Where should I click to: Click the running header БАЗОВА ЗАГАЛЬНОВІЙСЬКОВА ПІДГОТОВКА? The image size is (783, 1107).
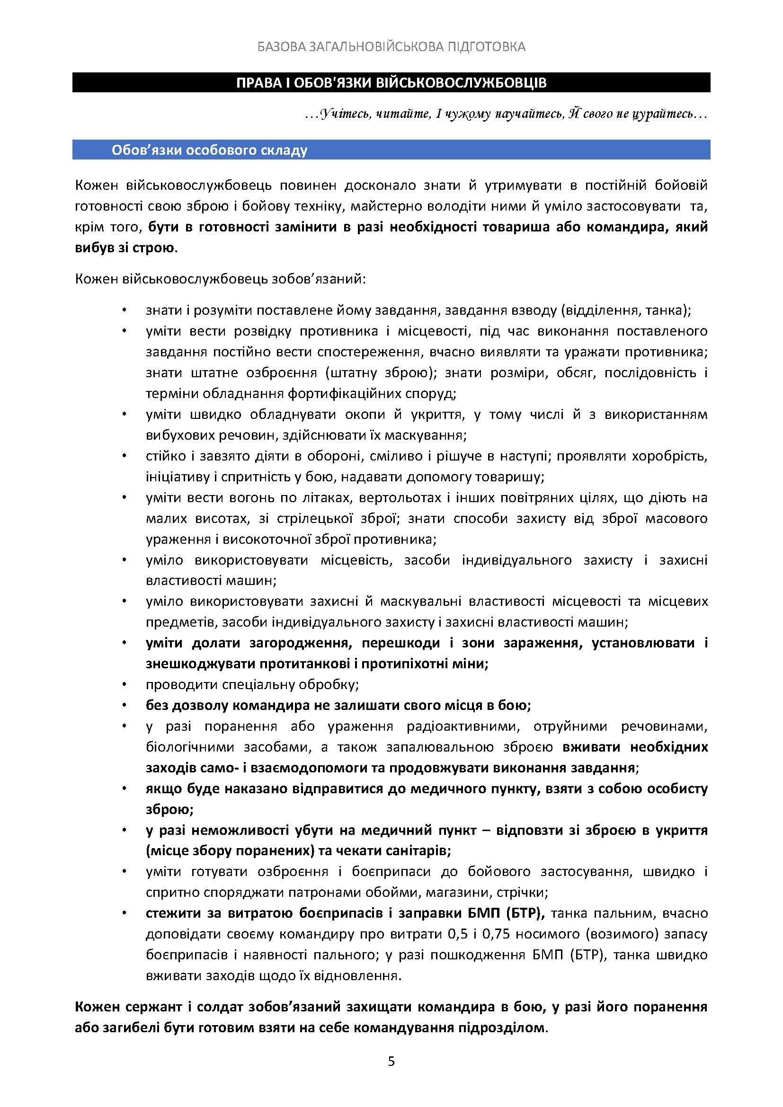[391, 46]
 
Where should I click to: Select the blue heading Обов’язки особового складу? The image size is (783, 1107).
[209, 151]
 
